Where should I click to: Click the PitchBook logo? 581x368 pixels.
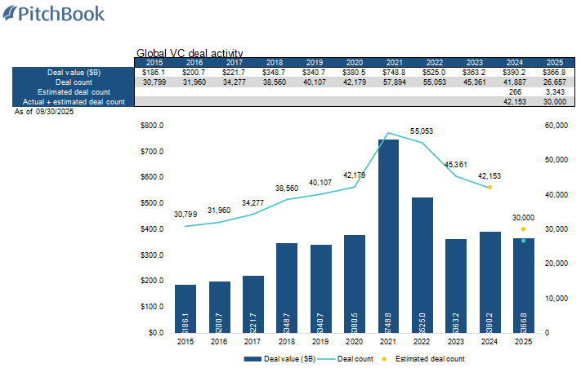(53, 14)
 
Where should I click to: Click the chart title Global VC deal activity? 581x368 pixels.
(190, 54)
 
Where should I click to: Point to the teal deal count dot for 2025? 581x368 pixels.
(523, 241)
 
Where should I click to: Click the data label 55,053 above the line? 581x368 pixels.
(421, 131)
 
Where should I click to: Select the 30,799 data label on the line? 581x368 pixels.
(185, 215)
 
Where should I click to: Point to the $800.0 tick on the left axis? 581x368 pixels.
(152, 126)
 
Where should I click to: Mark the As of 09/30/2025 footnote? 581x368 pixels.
(46, 111)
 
